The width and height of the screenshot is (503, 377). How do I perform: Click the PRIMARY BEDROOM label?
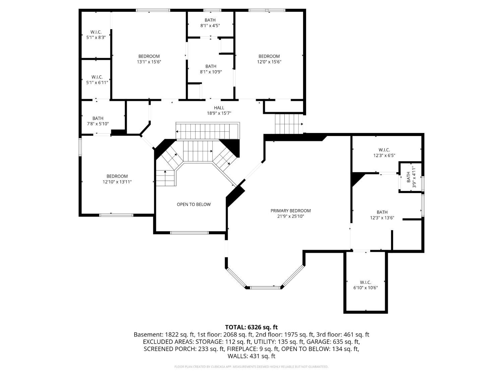290,210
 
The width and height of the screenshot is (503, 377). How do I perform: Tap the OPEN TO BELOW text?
193,204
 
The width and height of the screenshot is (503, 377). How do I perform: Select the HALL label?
219,108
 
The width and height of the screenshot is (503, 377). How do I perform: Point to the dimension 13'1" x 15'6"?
149,62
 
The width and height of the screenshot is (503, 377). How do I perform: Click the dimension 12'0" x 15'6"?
269,62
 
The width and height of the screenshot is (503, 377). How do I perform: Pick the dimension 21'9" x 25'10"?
291,216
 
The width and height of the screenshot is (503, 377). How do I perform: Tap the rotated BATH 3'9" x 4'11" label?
411,177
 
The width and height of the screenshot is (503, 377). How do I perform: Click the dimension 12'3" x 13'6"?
382,218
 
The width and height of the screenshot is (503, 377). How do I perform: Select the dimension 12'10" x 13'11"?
117,182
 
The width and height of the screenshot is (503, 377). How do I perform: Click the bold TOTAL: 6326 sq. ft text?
251,327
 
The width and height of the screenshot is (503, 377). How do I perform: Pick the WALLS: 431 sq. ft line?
251,356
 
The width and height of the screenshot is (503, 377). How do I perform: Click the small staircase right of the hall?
289,124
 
